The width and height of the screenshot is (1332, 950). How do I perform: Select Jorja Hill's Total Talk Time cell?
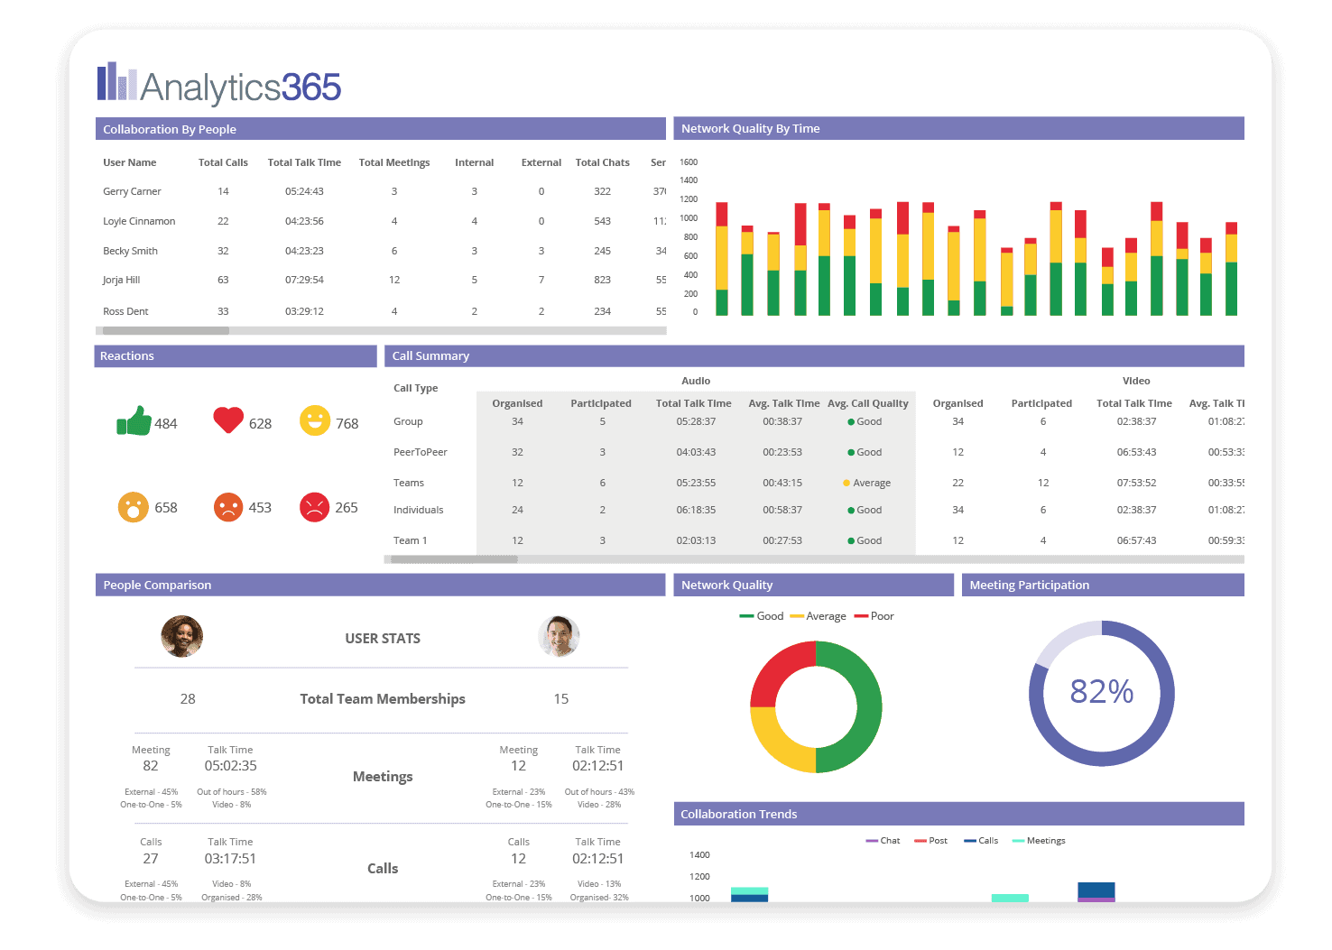[304, 281]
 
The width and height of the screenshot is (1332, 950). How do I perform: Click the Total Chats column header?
[602, 163]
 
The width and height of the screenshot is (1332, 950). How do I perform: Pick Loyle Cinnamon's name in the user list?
[139, 222]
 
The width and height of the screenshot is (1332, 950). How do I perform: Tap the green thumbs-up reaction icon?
[134, 421]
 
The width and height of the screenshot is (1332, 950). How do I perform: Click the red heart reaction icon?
[228, 420]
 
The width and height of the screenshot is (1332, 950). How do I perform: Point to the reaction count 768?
[347, 424]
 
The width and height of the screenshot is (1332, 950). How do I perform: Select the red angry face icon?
[314, 507]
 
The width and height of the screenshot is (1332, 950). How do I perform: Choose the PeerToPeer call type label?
[420, 453]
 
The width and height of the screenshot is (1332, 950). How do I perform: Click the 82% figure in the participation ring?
[1101, 692]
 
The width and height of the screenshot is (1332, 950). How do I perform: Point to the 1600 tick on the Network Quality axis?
[689, 162]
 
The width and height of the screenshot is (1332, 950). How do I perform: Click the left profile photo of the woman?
[181, 637]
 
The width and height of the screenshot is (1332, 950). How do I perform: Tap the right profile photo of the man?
[559, 637]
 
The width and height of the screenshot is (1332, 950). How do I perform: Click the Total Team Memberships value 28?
[188, 699]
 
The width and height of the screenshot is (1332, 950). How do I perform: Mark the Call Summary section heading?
[430, 356]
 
